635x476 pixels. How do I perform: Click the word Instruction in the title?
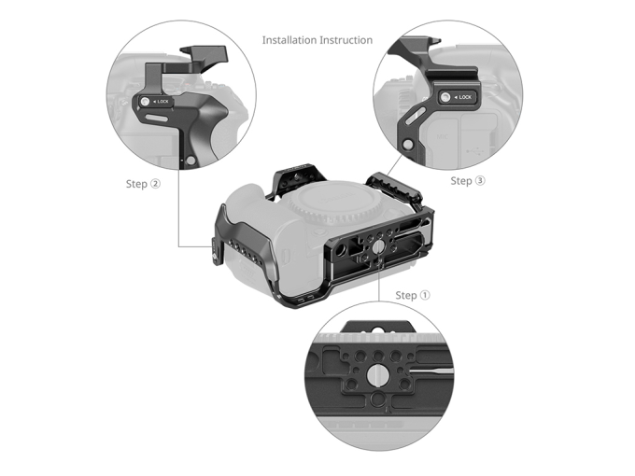pyautogui.click(x=346, y=40)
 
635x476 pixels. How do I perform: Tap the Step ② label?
pyautogui.click(x=143, y=184)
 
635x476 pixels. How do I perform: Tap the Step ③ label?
pyautogui.click(x=468, y=180)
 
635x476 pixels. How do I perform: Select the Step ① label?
pyautogui.click(x=413, y=295)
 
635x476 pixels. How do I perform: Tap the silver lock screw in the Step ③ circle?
pyautogui.click(x=445, y=97)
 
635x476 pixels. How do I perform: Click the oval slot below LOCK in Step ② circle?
pyautogui.click(x=159, y=119)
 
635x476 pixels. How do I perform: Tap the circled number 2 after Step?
pyautogui.click(x=155, y=184)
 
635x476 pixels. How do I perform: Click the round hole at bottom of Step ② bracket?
pyautogui.click(x=190, y=161)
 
